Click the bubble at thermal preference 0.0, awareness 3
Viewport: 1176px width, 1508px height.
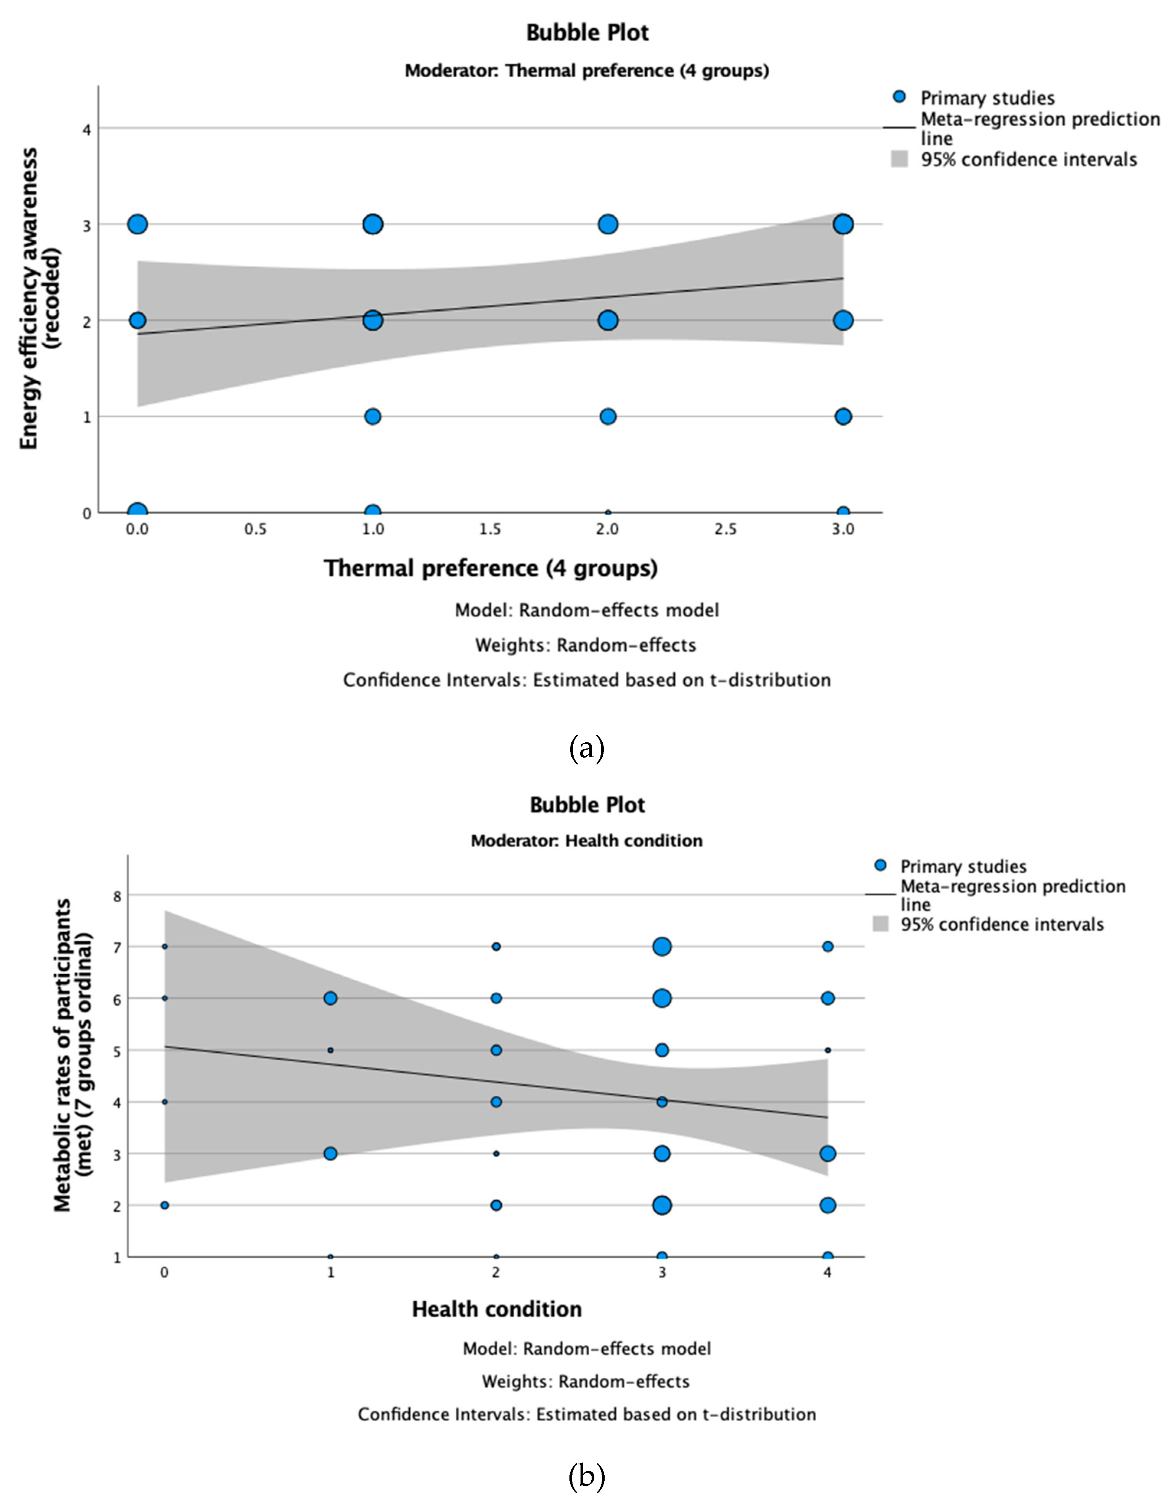(137, 224)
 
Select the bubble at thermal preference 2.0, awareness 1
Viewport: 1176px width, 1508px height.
(608, 417)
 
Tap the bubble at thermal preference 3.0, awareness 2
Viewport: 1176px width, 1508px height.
(842, 320)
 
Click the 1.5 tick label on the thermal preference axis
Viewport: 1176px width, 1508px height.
(490, 529)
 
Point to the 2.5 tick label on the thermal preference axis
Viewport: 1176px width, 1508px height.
(725, 529)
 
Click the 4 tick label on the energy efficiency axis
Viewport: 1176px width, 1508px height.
(87, 129)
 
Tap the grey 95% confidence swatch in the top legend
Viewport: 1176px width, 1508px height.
(899, 160)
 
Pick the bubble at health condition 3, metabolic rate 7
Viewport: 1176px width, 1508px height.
(662, 947)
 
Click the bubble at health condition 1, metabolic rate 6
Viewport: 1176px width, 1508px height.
(330, 998)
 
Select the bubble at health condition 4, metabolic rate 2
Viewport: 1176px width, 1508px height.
(827, 1206)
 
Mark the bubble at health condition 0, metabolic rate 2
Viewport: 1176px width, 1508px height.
(164, 1206)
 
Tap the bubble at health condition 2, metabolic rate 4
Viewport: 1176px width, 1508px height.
(496, 1102)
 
